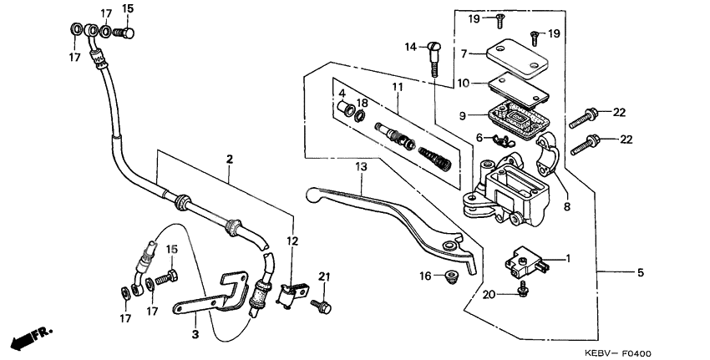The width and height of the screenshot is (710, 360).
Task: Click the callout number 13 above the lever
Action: (361, 168)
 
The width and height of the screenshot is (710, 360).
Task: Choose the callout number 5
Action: (642, 272)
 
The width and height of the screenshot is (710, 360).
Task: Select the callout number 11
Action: (397, 87)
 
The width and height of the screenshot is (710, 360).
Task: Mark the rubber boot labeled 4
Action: (342, 108)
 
